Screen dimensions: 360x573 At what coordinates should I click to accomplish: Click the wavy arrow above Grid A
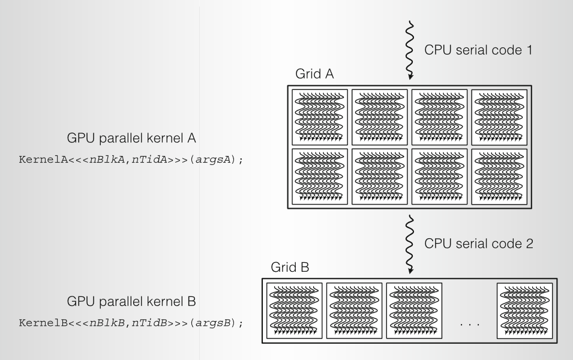point(410,51)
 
